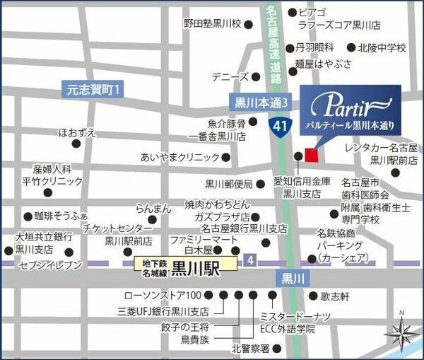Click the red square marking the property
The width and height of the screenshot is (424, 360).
(312, 155)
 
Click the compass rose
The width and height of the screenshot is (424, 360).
(401, 332)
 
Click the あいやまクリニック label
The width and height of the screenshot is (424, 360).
(179, 157)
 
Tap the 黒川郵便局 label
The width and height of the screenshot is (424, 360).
(228, 184)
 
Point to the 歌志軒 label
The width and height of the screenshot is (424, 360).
(336, 297)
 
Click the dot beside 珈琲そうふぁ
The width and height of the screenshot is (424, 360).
(28, 216)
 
